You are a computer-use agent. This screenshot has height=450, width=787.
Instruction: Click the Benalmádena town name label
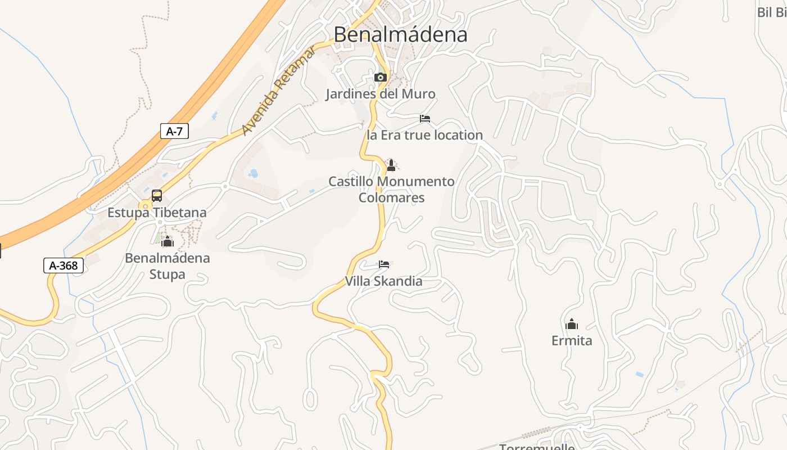pyautogui.click(x=400, y=34)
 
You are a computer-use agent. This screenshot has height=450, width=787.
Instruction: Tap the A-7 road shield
pyautogui.click(x=174, y=132)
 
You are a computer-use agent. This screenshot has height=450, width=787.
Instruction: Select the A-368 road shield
pyautogui.click(x=64, y=265)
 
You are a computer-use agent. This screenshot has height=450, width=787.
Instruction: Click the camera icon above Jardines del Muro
pyautogui.click(x=381, y=77)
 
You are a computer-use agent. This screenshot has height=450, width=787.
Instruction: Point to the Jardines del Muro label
pyautogui.click(x=381, y=94)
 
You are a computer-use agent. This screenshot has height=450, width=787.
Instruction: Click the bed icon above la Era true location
pyautogui.click(x=425, y=119)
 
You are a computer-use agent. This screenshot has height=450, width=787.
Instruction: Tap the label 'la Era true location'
pyautogui.click(x=424, y=135)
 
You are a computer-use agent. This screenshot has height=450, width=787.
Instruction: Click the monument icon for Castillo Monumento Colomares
pyautogui.click(x=391, y=165)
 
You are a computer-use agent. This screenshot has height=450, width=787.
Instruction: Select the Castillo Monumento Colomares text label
pyautogui.click(x=391, y=190)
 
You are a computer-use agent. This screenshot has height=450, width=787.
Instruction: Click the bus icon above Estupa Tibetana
pyautogui.click(x=157, y=196)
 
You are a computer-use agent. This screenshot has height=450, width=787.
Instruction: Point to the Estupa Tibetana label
pyautogui.click(x=157, y=213)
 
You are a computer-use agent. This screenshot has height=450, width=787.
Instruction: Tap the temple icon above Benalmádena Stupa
pyautogui.click(x=167, y=242)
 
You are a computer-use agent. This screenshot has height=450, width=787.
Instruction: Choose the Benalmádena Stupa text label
pyautogui.click(x=168, y=266)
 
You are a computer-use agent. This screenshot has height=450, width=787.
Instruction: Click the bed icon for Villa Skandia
pyautogui.click(x=384, y=264)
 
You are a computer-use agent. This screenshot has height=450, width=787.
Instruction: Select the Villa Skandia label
pyautogui.click(x=383, y=281)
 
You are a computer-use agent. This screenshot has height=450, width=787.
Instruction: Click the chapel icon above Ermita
pyautogui.click(x=572, y=324)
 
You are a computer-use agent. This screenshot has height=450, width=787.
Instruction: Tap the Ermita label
pyautogui.click(x=572, y=341)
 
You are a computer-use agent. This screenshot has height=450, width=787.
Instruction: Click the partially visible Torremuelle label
pyautogui.click(x=537, y=447)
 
